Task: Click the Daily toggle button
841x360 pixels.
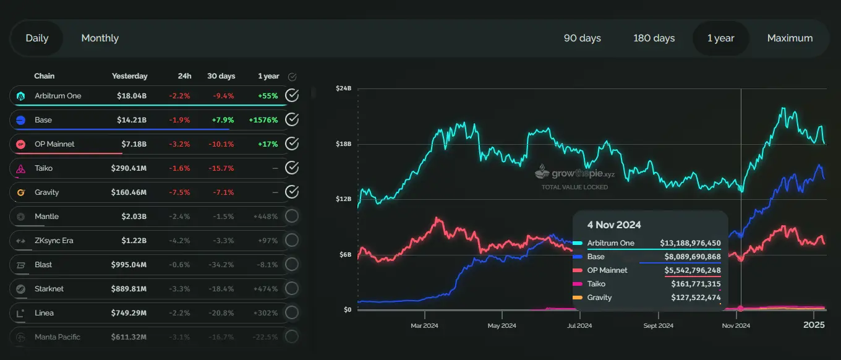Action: coord(37,38)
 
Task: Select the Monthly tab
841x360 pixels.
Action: coord(100,38)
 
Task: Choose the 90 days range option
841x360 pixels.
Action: coord(582,38)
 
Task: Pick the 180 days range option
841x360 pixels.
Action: coord(654,38)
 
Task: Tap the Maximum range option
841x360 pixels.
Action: coord(790,38)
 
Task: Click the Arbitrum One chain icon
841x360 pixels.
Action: coord(21,96)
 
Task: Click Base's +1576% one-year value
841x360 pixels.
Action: coord(263,120)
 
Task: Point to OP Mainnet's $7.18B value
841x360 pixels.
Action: coord(132,144)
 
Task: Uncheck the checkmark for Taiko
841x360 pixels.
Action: coord(292,168)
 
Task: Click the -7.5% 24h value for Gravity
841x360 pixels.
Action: coord(180,192)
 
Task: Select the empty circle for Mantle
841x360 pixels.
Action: coord(292,216)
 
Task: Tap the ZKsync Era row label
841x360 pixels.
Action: coord(53,241)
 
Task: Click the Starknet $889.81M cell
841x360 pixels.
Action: coord(129,289)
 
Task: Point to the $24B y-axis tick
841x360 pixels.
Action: coord(344,88)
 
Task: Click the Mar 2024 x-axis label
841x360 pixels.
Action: coord(424,325)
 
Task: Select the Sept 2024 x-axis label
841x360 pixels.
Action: coord(658,325)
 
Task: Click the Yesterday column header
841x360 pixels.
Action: coord(129,76)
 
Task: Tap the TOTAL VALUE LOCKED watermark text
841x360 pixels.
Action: coord(574,187)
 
